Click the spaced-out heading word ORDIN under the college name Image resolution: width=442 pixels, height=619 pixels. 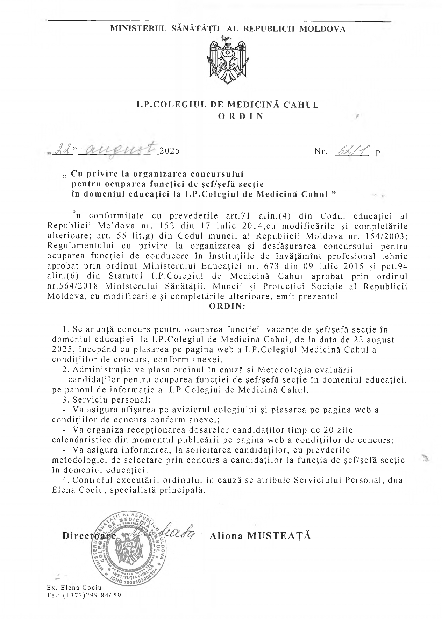coord(241,116)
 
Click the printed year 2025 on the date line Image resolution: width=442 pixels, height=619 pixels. coord(169,151)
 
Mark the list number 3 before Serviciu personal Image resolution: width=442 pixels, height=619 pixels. coord(64,399)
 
